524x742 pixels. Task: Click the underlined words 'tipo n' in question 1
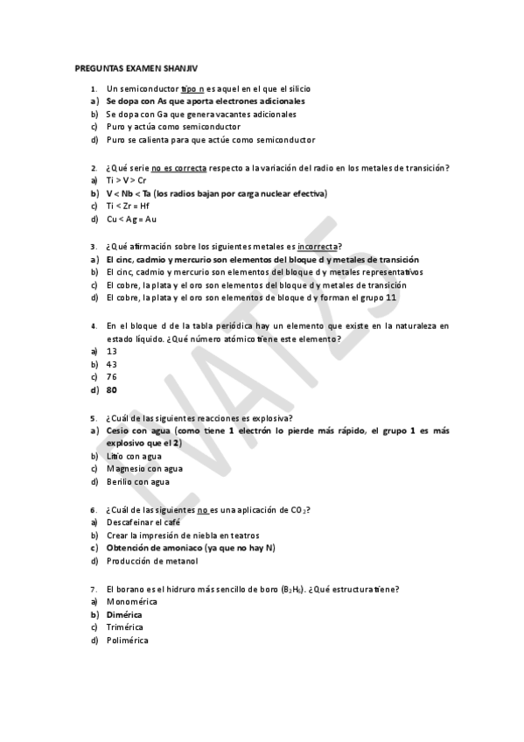tap(192, 88)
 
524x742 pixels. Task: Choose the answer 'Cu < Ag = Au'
tap(132, 219)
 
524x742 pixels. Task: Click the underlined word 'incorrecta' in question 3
tap(318, 247)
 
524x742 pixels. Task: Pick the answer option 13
tap(112, 351)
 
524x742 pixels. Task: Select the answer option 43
tap(112, 364)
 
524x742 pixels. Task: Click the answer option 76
tap(112, 376)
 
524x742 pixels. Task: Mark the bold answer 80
tap(112, 389)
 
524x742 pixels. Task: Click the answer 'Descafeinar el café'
tap(143, 522)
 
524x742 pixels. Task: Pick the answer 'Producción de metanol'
tap(152, 561)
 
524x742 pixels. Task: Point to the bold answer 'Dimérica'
tap(123, 614)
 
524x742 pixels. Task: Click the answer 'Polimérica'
tap(127, 640)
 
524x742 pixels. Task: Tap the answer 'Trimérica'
tap(125, 626)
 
